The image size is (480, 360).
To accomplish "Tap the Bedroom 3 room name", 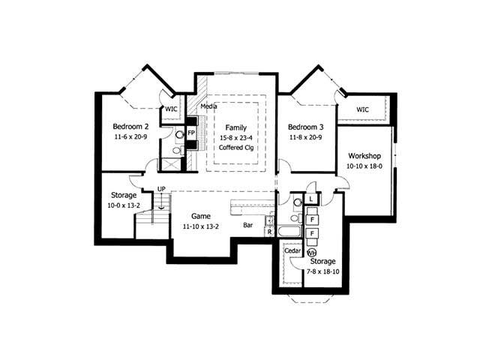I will click(x=305, y=126).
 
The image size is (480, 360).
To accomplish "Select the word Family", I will click(x=235, y=128).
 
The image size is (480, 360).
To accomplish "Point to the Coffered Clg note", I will click(x=235, y=148).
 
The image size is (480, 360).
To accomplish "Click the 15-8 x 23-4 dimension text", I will click(x=235, y=138).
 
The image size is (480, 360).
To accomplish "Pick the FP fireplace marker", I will click(x=191, y=133).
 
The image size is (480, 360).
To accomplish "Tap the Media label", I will click(x=209, y=107).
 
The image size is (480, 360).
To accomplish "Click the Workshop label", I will click(x=364, y=155).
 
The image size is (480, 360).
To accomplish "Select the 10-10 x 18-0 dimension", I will click(x=364, y=166).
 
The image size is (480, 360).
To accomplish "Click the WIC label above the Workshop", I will click(x=363, y=109).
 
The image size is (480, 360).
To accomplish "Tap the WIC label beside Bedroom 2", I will click(x=171, y=109).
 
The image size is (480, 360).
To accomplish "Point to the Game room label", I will click(x=199, y=215).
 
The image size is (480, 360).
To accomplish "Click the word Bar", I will click(x=247, y=224).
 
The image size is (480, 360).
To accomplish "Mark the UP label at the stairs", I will click(x=161, y=189).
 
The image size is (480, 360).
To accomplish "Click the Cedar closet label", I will click(x=292, y=250).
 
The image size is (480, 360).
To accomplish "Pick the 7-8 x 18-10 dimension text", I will click(x=322, y=271).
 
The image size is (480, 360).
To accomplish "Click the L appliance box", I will click(x=311, y=199).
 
